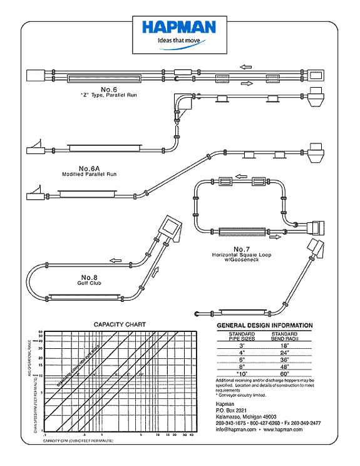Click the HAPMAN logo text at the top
(178, 27)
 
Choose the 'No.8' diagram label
(91, 277)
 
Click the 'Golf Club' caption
(91, 283)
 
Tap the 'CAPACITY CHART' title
(120, 324)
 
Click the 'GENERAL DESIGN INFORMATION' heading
(264, 326)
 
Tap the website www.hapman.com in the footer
(291, 430)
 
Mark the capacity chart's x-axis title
(78, 442)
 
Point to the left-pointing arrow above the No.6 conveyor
(245, 65)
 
